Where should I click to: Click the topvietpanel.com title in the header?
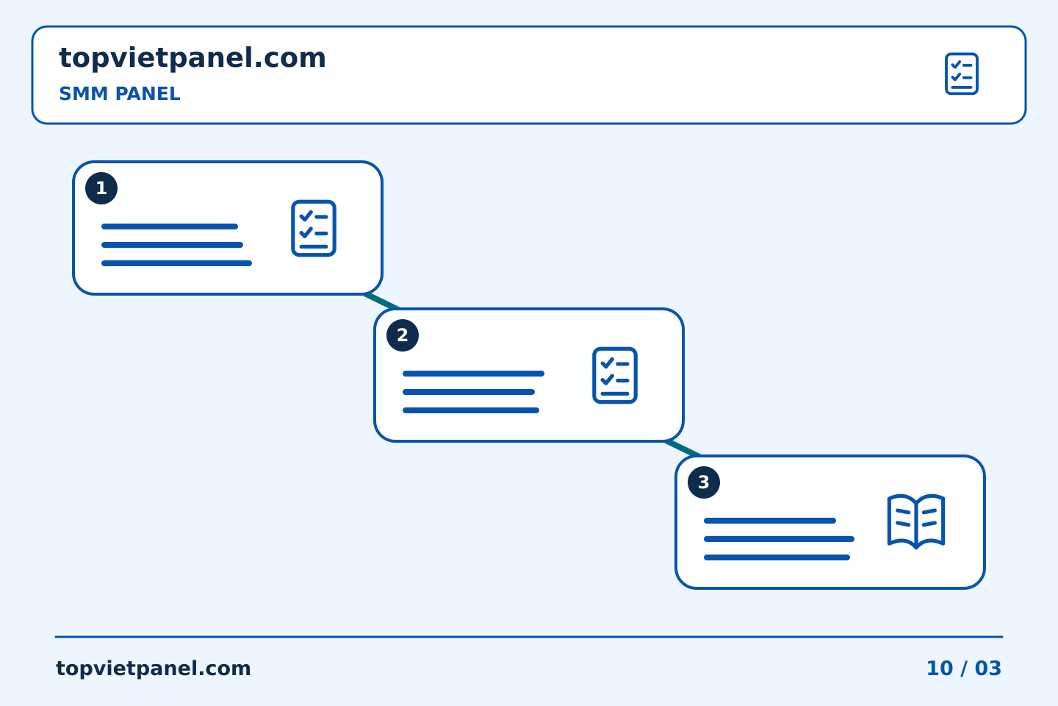coord(192,58)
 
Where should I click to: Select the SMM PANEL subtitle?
coord(120,93)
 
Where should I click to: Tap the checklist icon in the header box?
coord(961,74)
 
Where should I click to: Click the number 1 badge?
coord(101,188)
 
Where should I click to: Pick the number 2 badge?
coord(403,335)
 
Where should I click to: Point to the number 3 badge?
coord(704,482)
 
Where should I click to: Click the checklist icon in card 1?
coord(314,229)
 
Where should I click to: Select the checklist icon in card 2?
coord(615,376)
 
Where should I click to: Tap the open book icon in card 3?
coord(915,521)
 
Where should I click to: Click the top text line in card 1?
coord(170,227)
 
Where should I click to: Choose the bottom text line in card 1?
coord(176,263)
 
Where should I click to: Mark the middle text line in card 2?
coord(469,392)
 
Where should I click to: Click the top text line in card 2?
coord(473,374)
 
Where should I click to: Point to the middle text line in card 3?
coord(779,539)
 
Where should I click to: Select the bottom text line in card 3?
coord(777,557)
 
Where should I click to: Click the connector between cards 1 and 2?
coord(381,302)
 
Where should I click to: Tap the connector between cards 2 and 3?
coord(683,449)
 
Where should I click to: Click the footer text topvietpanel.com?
coord(153,668)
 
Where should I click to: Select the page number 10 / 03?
coord(963,668)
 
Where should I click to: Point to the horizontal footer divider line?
coord(529,637)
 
